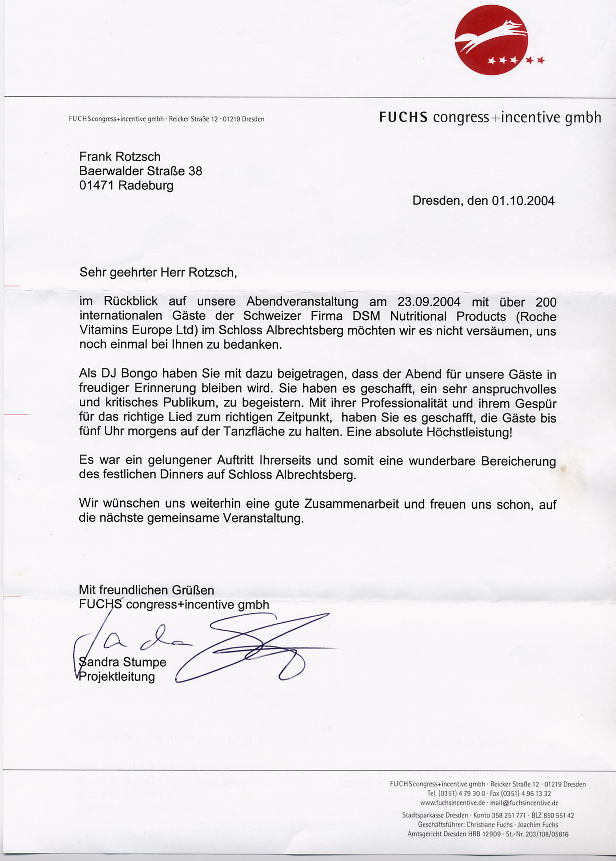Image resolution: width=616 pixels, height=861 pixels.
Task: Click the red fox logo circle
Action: pyautogui.click(x=491, y=40)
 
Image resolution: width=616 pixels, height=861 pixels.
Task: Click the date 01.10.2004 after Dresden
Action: pyautogui.click(x=523, y=201)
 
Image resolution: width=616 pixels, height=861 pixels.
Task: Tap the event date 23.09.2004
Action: pyautogui.click(x=429, y=302)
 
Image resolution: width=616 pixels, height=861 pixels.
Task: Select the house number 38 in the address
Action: pyautogui.click(x=195, y=171)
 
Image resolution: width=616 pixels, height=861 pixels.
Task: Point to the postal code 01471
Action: pyautogui.click(x=96, y=185)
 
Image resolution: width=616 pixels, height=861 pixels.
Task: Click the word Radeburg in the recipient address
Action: pyautogui.click(x=146, y=185)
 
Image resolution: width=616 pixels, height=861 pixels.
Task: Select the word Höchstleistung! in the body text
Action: pyautogui.click(x=469, y=432)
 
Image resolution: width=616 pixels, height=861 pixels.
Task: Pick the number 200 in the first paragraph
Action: pyautogui.click(x=546, y=302)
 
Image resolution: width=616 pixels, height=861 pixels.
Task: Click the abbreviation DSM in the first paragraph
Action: pyautogui.click(x=367, y=316)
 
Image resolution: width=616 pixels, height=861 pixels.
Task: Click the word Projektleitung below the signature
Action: pyautogui.click(x=117, y=676)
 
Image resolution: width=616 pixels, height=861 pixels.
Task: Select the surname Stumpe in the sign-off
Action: pyautogui.click(x=145, y=662)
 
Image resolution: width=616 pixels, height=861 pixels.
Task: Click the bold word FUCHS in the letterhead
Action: pyautogui.click(x=403, y=117)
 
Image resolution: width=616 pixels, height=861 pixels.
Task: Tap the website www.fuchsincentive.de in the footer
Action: pyautogui.click(x=453, y=803)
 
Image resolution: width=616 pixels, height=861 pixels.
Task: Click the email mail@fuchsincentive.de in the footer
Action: pyautogui.click(x=524, y=803)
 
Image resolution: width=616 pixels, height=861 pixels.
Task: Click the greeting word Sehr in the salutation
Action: pyautogui.click(x=92, y=272)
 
